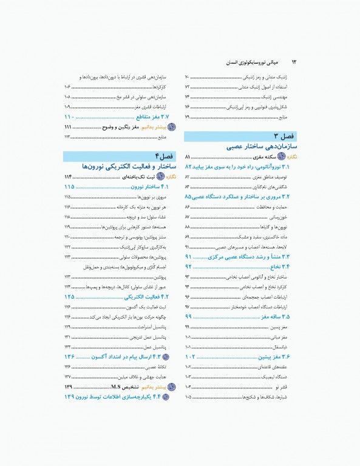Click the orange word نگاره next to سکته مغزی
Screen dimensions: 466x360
[291, 157]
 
